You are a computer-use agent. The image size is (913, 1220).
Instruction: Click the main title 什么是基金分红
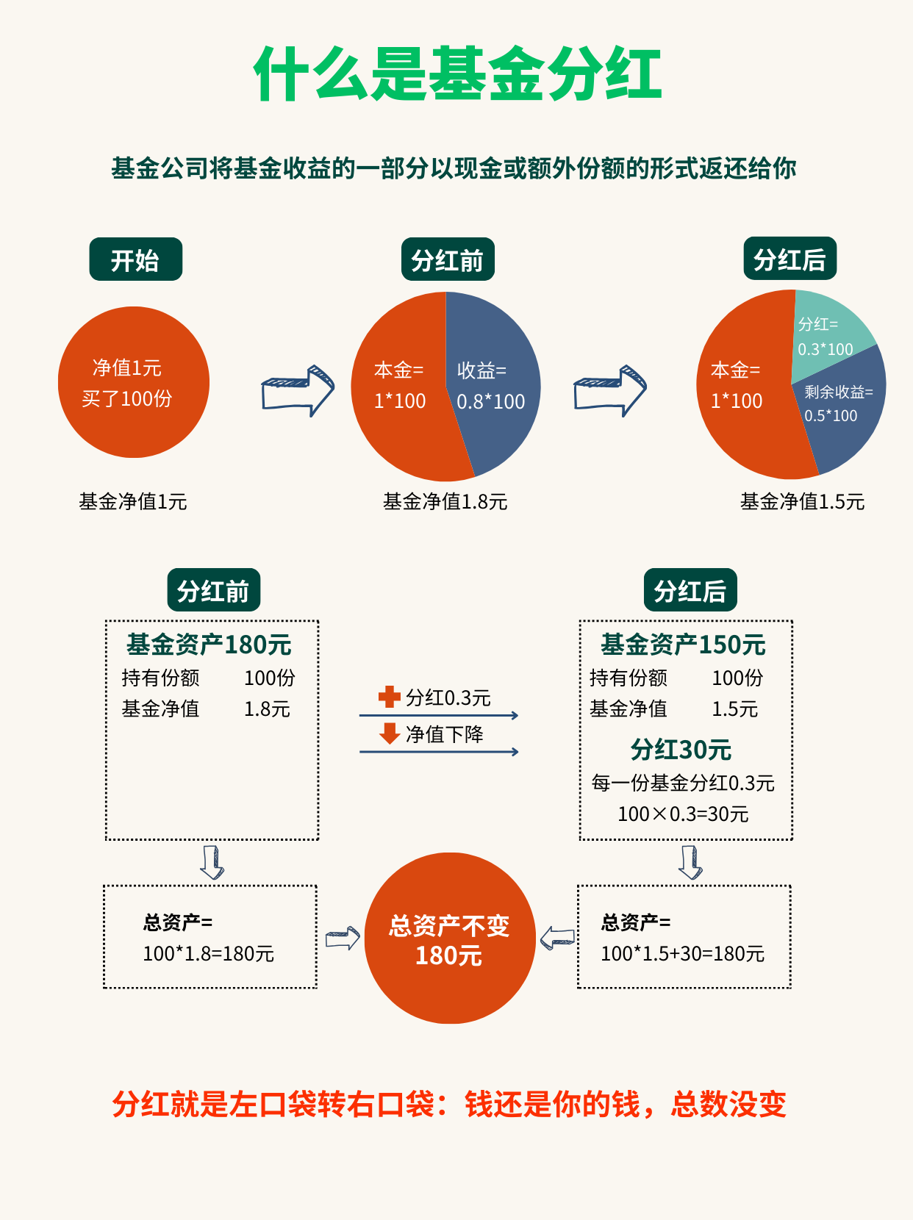pyautogui.click(x=457, y=74)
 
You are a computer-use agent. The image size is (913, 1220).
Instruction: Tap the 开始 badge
pyautogui.click(x=135, y=259)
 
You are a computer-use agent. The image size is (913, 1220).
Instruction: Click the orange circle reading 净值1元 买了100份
pyautogui.click(x=133, y=382)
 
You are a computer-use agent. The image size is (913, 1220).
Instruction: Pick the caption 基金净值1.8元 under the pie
pyautogui.click(x=445, y=502)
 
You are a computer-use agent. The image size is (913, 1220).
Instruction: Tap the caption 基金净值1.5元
pyautogui.click(x=802, y=502)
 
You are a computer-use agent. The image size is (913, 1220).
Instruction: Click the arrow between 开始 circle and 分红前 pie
pyautogui.click(x=298, y=390)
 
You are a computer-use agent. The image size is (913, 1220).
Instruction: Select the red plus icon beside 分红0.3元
pyautogui.click(x=389, y=697)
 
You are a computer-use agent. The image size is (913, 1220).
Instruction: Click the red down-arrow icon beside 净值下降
pyautogui.click(x=389, y=733)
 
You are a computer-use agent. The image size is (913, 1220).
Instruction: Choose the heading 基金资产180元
pyautogui.click(x=209, y=645)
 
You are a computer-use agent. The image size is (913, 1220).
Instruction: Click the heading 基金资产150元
pyautogui.click(x=683, y=645)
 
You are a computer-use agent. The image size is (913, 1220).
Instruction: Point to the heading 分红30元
pyautogui.click(x=681, y=750)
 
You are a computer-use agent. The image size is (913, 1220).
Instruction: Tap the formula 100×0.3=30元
pyautogui.click(x=683, y=814)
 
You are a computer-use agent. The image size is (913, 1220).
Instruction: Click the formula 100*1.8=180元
pyautogui.click(x=208, y=954)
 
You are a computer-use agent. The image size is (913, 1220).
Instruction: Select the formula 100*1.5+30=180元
pyautogui.click(x=682, y=954)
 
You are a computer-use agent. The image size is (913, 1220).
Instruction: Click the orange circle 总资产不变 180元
pyautogui.click(x=449, y=939)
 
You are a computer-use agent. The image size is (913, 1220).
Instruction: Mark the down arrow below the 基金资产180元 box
pyautogui.click(x=212, y=862)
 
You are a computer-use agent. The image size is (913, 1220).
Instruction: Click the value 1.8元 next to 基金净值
pyautogui.click(x=267, y=709)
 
